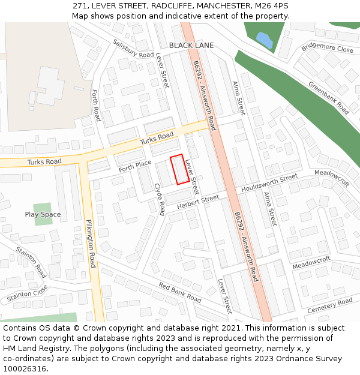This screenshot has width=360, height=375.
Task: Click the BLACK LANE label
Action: coord(191,46)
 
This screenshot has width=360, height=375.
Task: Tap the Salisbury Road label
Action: coord(133,49)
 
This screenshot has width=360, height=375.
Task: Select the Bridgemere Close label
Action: coord(328,47)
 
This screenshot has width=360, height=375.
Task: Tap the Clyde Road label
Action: coord(160,199)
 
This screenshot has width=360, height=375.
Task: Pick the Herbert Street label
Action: coord(198,202)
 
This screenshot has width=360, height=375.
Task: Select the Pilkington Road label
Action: coord(91,242)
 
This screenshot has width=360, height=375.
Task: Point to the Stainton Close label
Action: coord(28,295)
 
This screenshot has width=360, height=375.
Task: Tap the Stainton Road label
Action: coord(31,262)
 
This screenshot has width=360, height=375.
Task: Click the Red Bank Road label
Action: coord(180,292)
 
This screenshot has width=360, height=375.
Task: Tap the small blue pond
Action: coord(264,40)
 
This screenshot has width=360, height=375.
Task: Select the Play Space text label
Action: coord(43,214)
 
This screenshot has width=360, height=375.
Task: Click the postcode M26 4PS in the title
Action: coord(271,6)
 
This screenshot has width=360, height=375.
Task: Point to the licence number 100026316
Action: coord(25,369)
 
